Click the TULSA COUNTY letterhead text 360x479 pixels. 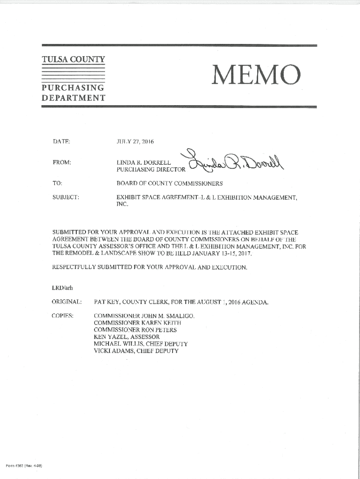[x=73, y=60]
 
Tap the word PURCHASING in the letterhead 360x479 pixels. [x=72, y=88]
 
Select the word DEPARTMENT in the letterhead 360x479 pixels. [x=73, y=98]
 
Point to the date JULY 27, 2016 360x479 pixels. [x=135, y=141]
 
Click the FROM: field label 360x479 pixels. [x=62, y=162]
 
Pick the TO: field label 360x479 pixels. [x=57, y=183]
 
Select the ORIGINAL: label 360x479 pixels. [x=67, y=302]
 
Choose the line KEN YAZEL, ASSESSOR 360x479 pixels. [x=127, y=337]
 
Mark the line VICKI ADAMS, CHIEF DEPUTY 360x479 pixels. [x=136, y=351]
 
